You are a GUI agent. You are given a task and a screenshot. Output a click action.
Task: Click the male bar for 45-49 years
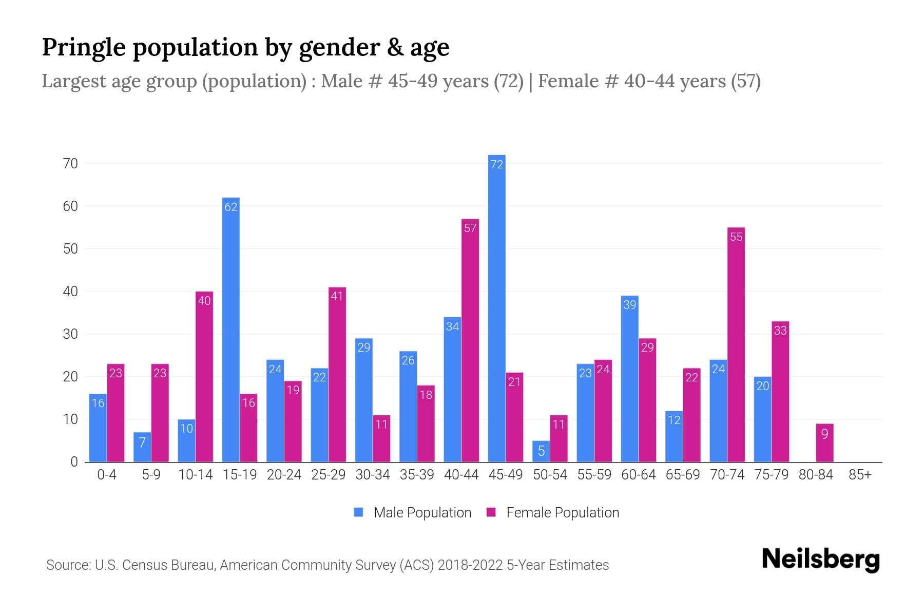496,308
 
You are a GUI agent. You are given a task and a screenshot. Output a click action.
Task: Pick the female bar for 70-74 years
736,344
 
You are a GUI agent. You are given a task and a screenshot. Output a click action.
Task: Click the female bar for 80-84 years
824,443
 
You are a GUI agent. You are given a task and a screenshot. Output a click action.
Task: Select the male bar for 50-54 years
541,452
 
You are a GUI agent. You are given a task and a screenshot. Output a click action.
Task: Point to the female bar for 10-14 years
204,377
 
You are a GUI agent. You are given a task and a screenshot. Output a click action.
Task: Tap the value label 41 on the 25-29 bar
337,296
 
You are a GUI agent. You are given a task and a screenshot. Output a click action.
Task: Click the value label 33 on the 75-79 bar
780,331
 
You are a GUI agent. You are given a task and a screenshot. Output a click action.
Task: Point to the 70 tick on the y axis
70,164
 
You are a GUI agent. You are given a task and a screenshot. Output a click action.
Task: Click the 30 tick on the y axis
70,334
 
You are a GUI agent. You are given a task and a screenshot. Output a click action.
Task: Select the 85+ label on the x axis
860,475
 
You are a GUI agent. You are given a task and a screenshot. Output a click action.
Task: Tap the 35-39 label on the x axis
417,475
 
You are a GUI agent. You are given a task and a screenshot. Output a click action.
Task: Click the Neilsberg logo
820,560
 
